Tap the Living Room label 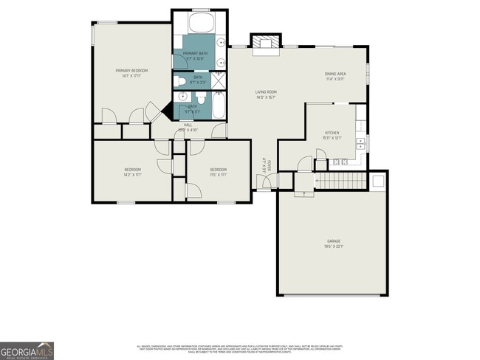coord(265,91)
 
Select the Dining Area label coord(335,74)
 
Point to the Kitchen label coord(332,133)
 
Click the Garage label coord(334,241)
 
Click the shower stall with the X coord(220,79)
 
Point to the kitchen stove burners coord(340,162)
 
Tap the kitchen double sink coord(361,142)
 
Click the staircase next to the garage coord(341,181)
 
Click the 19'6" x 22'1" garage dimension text coord(334,246)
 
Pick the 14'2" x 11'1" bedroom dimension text coord(132,176)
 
